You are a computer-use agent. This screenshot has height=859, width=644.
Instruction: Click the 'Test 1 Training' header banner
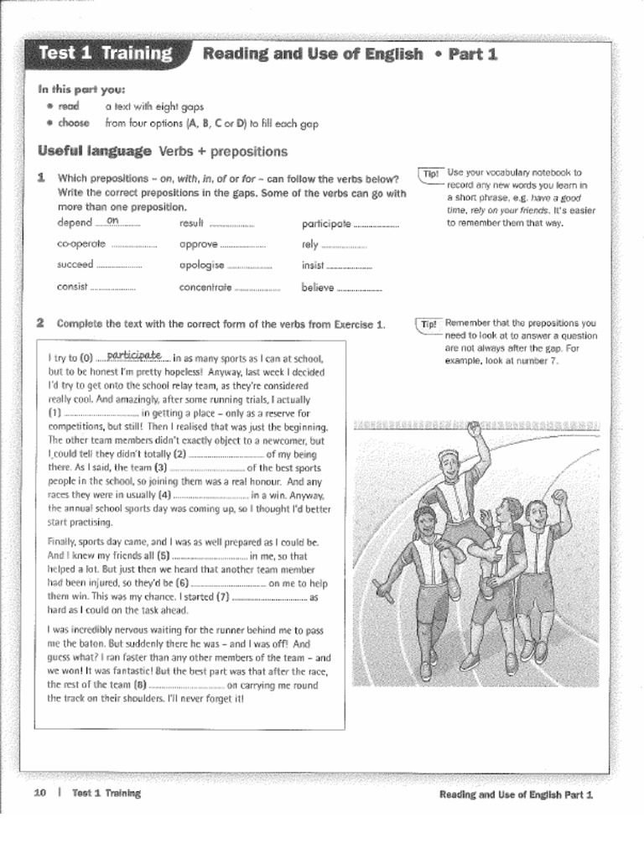click(x=106, y=54)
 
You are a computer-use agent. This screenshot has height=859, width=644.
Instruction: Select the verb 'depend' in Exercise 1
click(x=75, y=223)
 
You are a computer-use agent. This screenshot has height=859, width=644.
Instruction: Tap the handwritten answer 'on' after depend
click(x=113, y=221)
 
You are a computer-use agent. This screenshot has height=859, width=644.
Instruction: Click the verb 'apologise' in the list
click(x=202, y=265)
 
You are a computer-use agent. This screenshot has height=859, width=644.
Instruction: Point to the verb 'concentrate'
click(x=205, y=287)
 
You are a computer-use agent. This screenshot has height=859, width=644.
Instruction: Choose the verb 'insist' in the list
click(x=313, y=265)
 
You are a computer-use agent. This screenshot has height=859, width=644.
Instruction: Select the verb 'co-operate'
click(x=81, y=244)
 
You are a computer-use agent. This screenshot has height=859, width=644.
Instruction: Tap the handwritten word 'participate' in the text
click(x=134, y=356)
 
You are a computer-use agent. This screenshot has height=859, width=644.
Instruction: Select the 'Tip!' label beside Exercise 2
click(x=428, y=325)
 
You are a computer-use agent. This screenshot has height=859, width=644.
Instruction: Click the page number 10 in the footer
click(x=39, y=793)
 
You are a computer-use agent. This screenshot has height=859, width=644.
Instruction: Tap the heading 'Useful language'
click(x=96, y=152)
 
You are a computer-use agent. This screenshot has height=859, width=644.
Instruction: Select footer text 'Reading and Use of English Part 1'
click(x=516, y=794)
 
